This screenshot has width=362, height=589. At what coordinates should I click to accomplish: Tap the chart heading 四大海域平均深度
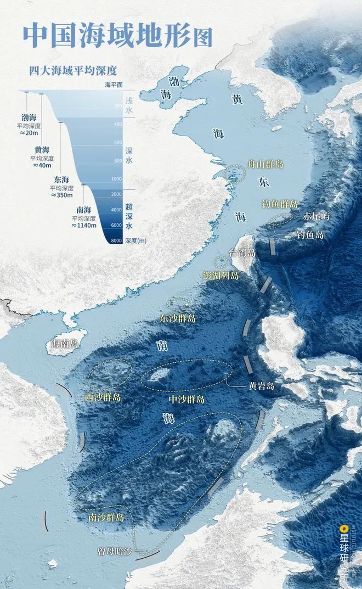[x=74, y=70]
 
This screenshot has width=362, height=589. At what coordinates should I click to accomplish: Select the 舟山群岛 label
[x=265, y=164]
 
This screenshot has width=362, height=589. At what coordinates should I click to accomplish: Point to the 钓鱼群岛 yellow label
[x=280, y=203]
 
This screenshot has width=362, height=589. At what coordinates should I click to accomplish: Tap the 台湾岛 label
[x=242, y=253]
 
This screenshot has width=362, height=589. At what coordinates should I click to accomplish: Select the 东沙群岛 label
[x=178, y=318]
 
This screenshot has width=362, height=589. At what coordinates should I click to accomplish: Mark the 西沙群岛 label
[x=103, y=396]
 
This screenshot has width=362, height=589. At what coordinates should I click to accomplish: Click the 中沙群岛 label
[x=186, y=399]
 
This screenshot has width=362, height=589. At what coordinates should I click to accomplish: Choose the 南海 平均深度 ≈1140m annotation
[x=83, y=217]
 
